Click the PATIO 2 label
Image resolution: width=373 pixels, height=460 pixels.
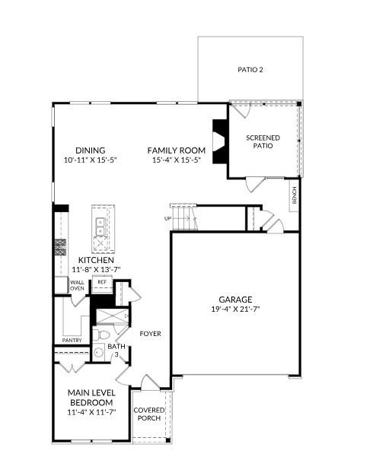point(250,70)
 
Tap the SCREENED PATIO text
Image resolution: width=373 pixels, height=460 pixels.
point(263,141)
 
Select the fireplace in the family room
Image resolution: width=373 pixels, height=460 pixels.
point(219,141)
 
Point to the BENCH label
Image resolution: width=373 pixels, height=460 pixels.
point(294,195)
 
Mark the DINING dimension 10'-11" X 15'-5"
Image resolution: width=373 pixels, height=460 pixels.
point(90,160)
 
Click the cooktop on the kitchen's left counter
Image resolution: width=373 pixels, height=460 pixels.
point(60,246)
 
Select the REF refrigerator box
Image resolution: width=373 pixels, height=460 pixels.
point(101,282)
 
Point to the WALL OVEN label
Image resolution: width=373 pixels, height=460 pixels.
point(78,285)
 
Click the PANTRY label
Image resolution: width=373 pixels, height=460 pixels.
point(72,340)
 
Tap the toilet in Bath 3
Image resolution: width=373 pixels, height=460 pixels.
point(104,333)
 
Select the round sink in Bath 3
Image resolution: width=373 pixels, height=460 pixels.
point(99,352)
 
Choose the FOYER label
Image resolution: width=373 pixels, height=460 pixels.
point(149,334)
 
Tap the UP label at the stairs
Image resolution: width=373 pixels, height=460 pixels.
point(167,218)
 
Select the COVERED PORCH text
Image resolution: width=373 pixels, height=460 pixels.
point(149,414)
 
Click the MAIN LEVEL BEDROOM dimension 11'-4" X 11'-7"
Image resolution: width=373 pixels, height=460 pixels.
point(91,411)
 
